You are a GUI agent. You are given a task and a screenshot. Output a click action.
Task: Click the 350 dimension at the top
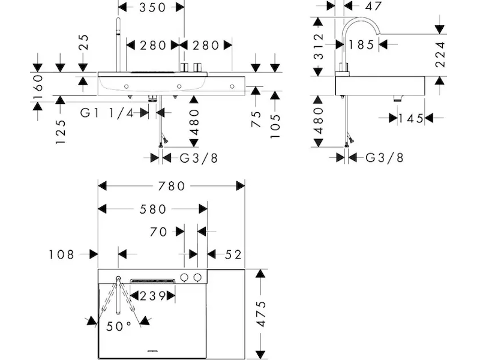click(x=151, y=7)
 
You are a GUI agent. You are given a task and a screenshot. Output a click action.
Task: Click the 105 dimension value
click(x=275, y=123)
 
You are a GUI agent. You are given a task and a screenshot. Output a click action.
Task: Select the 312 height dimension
click(x=318, y=46)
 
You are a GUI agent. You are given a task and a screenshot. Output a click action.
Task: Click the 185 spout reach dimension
click(x=362, y=44)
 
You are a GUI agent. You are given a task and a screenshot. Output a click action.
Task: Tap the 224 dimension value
click(x=442, y=54)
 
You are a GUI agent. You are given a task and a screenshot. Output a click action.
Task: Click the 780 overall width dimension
click(x=172, y=185)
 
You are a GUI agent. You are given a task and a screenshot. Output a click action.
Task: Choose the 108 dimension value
click(x=62, y=254)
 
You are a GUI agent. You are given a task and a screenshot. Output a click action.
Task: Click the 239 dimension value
click(x=152, y=295)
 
